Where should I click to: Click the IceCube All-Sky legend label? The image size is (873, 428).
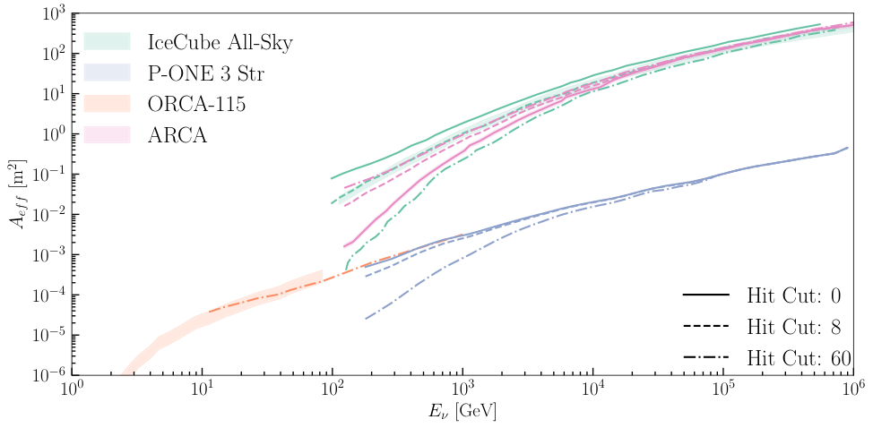coord(220,41)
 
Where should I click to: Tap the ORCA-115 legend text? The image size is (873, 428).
coord(196,104)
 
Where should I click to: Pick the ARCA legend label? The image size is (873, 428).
coord(177,135)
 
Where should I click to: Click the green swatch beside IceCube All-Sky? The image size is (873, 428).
coord(107,41)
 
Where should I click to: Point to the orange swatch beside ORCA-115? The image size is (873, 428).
coord(107,104)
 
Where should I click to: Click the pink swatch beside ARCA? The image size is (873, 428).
coord(107,135)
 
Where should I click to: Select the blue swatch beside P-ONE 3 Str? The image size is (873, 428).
coord(107,73)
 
